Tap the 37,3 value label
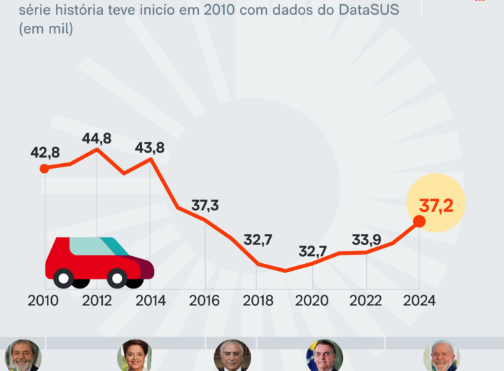pos(205,205)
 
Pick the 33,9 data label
pos(366,240)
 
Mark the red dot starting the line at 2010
pos(44,168)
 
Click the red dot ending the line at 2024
pos(419,221)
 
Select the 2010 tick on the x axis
pos(44,300)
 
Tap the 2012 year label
pos(97,300)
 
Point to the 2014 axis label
pos(151,300)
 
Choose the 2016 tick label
pos(205,300)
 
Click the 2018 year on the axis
pos(258,300)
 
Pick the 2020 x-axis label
pos(312,300)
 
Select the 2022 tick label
pos(365,300)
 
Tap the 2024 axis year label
pos(419,300)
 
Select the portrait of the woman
pos(134,356)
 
